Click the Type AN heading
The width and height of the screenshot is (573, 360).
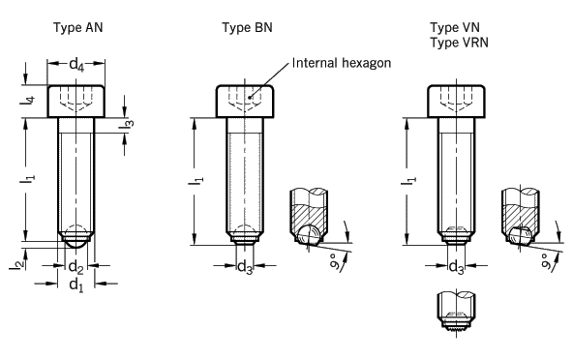[x=77, y=28]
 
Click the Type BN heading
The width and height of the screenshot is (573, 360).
[x=247, y=28]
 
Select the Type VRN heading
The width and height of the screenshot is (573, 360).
[x=459, y=43]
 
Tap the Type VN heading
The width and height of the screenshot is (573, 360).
[x=455, y=28]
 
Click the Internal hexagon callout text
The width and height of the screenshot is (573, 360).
[x=342, y=63]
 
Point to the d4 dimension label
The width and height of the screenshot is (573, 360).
[x=76, y=65]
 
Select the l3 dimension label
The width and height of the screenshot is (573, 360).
[x=127, y=124]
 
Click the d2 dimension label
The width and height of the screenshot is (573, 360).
[x=76, y=267]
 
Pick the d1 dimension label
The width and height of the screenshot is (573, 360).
[x=76, y=285]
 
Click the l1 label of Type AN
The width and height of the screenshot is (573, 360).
[x=28, y=179]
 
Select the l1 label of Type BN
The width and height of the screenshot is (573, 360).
[x=196, y=180]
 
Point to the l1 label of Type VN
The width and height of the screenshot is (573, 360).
[x=408, y=180]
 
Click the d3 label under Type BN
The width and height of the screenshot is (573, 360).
[x=245, y=267]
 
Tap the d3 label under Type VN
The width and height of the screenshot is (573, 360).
[x=456, y=267]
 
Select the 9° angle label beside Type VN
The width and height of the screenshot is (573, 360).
[x=546, y=261]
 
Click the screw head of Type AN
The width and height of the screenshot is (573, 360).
[x=76, y=102]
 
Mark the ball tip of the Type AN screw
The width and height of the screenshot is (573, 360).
[x=76, y=242]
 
